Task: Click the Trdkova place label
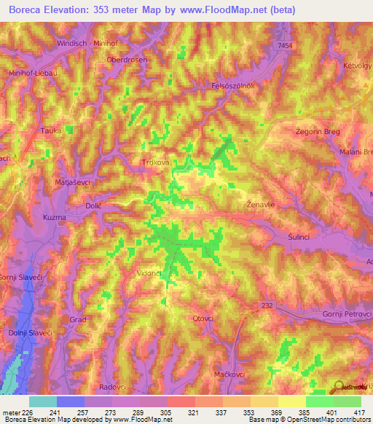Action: [154, 163]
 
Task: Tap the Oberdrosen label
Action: [127, 60]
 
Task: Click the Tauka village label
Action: [50, 131]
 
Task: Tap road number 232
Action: [267, 307]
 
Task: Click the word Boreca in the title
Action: [29, 10]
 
